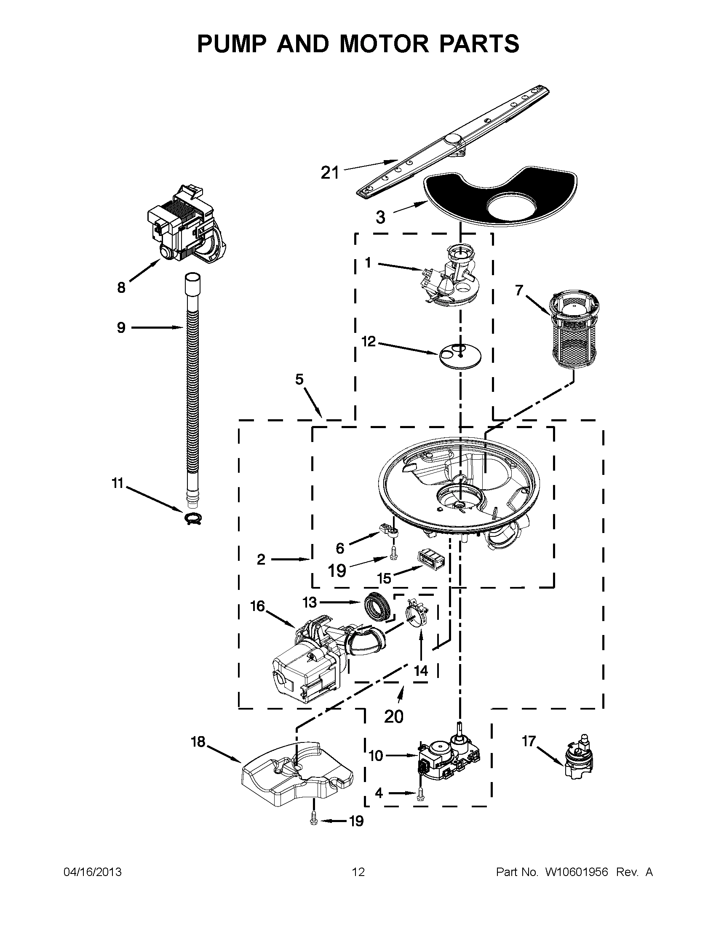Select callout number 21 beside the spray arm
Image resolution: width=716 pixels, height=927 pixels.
(330, 173)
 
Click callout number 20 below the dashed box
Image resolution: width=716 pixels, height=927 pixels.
(393, 716)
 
